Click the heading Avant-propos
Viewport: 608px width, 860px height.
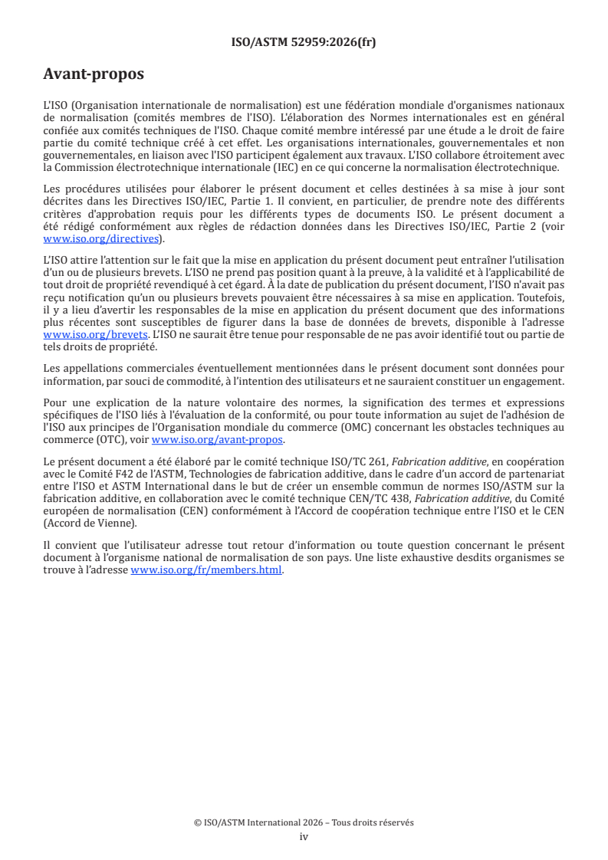pyautogui.click(x=94, y=74)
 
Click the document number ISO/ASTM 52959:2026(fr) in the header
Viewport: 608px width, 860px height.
pyautogui.click(x=304, y=42)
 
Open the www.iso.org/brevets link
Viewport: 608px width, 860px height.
pyautogui.click(x=95, y=335)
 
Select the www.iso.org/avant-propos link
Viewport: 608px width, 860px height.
pyautogui.click(x=218, y=439)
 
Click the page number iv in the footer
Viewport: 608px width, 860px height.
pyautogui.click(x=304, y=836)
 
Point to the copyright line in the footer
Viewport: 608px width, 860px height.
pyautogui.click(x=304, y=822)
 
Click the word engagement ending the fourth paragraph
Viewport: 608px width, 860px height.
pyautogui.click(x=534, y=381)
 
